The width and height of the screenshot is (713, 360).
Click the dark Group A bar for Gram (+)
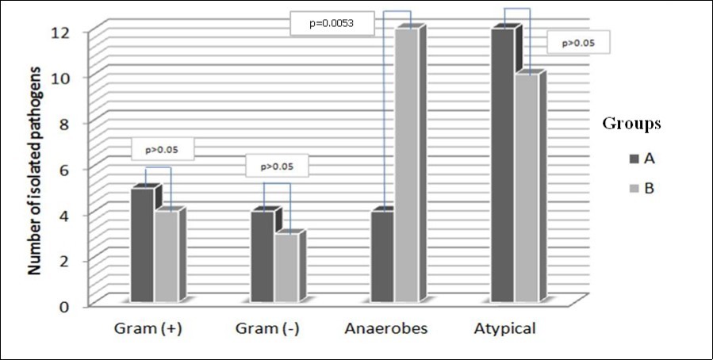click(x=142, y=245)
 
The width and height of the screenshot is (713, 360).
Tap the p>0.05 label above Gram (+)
click(x=162, y=148)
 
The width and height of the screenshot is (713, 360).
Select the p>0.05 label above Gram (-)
click(x=275, y=167)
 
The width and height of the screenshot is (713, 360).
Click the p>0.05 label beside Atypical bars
click(x=577, y=44)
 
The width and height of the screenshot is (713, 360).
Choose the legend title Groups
click(x=632, y=124)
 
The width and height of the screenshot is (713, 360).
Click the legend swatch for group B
click(x=624, y=188)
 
